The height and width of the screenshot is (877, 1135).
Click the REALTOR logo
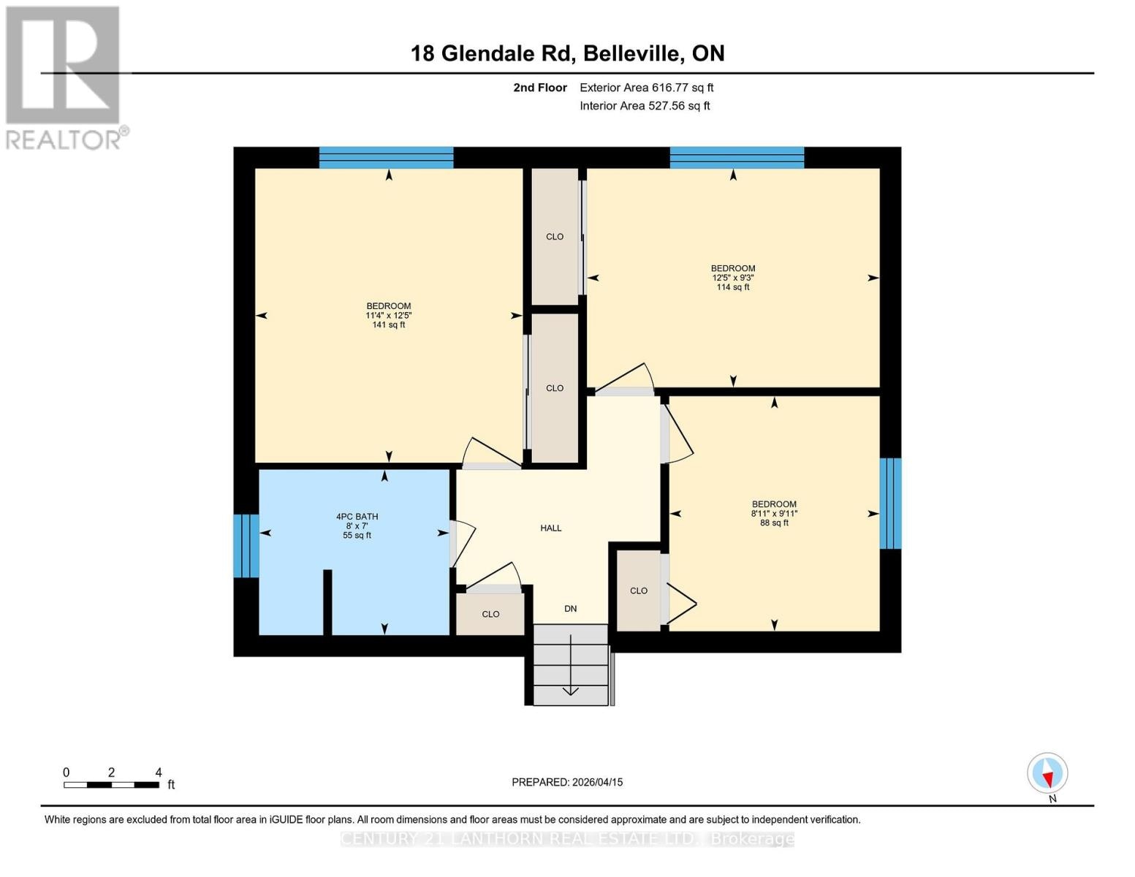pos(64,77)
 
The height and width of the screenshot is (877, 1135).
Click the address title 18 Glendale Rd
pos(567,53)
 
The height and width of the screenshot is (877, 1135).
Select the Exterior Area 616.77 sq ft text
pos(646,88)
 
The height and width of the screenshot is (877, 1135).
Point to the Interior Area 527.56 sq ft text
pos(645,106)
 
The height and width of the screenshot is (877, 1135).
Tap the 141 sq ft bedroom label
pos(388,315)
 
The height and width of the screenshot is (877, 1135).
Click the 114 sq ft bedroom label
pos(733,278)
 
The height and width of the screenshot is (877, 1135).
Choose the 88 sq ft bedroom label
pos(774,513)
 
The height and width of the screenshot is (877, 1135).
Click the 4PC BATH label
pos(357,525)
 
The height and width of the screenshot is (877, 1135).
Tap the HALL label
pos(551,528)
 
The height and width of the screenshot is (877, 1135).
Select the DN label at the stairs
pos(571,608)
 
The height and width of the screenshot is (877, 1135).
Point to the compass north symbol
pos(1047,773)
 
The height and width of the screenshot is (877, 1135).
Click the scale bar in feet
pos(111,784)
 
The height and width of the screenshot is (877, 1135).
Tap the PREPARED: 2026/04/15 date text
pos(567,782)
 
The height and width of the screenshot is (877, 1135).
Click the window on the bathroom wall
pos(246,545)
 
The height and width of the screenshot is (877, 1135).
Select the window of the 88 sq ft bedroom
pos(889,503)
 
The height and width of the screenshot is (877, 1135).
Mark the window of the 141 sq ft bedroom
pos(386,157)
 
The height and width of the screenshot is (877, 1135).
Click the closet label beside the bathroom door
pos(490,614)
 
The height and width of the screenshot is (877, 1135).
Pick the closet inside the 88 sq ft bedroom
pos(638,591)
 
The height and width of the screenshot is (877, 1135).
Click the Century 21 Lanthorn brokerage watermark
pos(567,839)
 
